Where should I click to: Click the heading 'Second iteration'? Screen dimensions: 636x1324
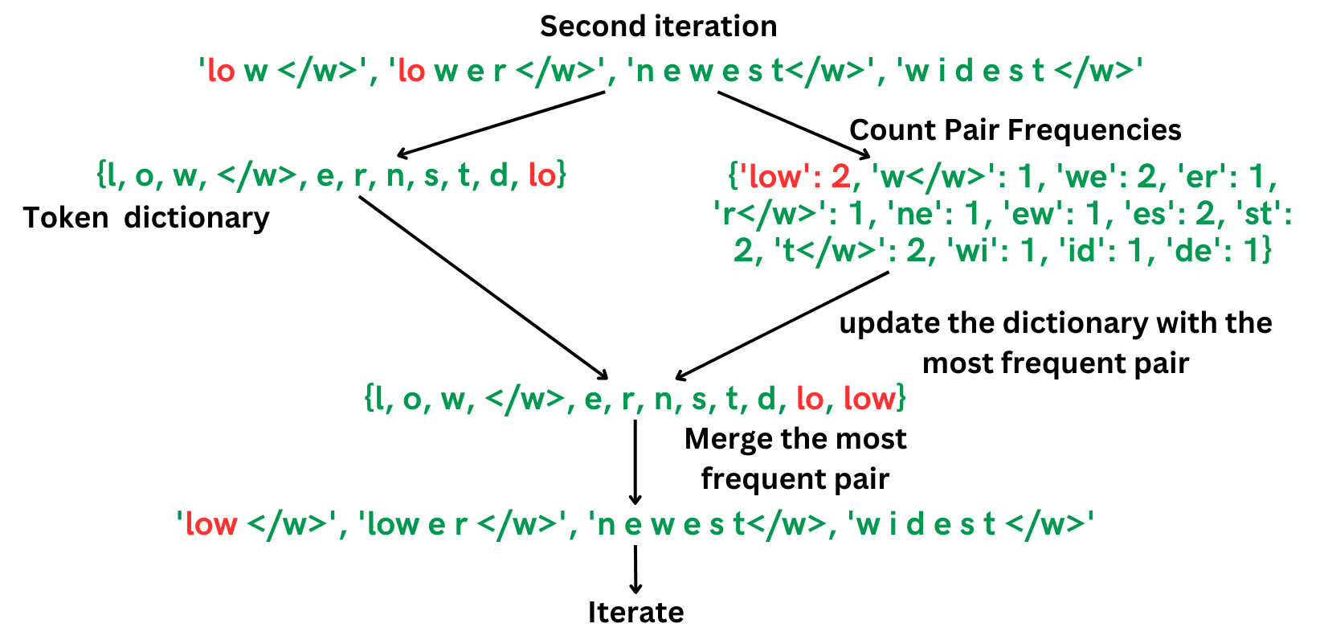658,27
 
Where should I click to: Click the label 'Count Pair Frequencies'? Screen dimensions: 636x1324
1015,130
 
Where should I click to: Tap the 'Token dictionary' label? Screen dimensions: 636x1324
145,218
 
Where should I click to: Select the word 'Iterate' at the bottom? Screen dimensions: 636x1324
635,613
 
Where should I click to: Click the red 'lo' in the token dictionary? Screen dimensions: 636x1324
542,174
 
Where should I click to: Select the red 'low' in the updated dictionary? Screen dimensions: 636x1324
868,398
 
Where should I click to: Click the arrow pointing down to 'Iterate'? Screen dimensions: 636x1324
635,569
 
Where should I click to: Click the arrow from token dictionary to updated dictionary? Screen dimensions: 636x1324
483,287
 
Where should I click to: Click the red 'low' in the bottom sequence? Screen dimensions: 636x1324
210,524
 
